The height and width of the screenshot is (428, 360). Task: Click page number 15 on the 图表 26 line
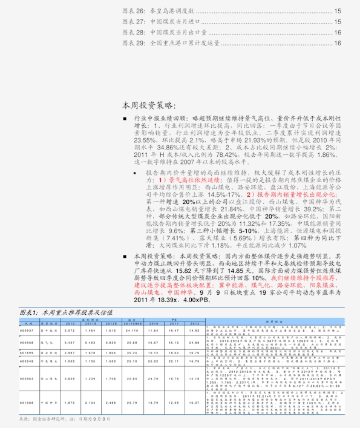point(338,11)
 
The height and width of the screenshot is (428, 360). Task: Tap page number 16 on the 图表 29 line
point(338,44)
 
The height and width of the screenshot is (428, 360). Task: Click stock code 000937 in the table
point(26,331)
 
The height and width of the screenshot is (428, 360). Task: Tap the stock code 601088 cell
point(26,402)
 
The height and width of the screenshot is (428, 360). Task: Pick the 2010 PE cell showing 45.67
point(153,343)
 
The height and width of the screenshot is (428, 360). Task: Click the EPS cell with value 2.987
point(69,352)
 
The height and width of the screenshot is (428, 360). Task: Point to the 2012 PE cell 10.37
point(195,402)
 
